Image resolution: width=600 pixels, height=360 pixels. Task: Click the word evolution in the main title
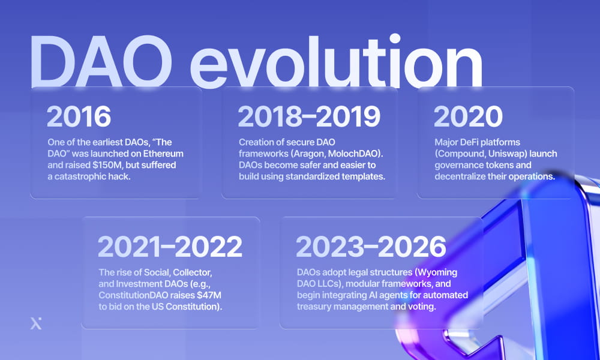click(x=339, y=63)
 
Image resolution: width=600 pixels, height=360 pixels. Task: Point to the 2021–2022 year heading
click(x=170, y=246)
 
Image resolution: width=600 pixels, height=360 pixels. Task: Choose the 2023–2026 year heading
click(x=371, y=246)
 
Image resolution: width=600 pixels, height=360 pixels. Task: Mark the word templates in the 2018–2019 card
click(x=363, y=176)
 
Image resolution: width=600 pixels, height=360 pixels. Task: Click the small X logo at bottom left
click(x=36, y=325)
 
